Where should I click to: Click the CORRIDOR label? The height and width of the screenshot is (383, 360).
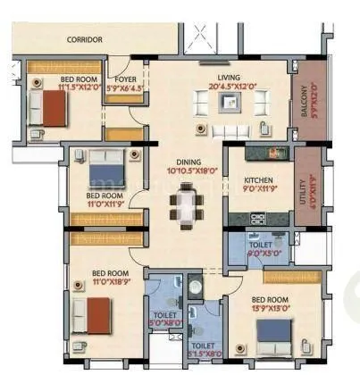[85, 40]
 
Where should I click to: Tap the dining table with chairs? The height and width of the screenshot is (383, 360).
[186, 206]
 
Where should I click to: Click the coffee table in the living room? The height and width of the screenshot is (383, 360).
[230, 104]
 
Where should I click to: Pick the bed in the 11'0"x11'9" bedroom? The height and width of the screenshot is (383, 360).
[106, 165]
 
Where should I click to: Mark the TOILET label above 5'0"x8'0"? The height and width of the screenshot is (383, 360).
[163, 314]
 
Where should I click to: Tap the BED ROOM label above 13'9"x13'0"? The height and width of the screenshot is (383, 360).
[269, 299]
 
